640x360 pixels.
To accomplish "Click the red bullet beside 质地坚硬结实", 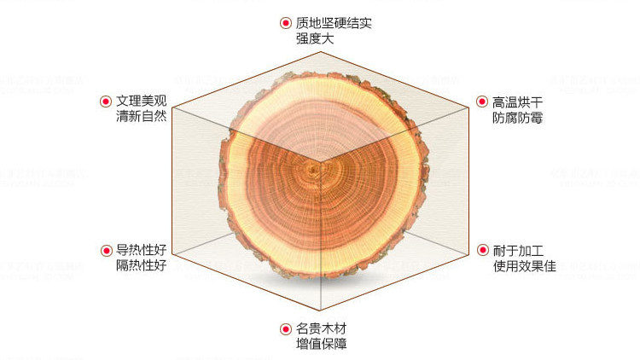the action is tap(285, 23).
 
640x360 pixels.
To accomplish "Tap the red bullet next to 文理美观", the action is tap(106, 102).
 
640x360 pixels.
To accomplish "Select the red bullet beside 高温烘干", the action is tap(482, 102).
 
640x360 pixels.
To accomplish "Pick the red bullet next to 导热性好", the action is tap(107, 250).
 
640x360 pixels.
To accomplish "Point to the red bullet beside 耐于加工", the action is tap(483, 250).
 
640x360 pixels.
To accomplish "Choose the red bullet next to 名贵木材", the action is tap(286, 329).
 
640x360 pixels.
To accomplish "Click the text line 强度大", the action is tap(315, 38).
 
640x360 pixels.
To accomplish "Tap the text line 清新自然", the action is tap(141, 116).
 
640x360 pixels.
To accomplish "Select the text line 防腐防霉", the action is tap(517, 118).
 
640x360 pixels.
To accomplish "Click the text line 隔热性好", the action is tap(141, 265).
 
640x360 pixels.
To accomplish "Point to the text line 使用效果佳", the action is tap(525, 266).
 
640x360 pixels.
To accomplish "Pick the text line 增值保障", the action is tap(322, 344).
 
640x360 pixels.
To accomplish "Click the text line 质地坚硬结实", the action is tap(334, 23).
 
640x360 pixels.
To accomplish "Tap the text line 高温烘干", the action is tap(517, 102).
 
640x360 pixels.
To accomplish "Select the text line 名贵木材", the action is tap(322, 328).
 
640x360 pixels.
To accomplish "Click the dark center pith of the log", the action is tap(313, 169).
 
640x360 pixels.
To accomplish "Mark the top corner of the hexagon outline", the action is tap(320, 52).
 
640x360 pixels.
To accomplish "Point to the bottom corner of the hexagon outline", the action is tap(320, 311).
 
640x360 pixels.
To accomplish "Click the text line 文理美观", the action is tap(141, 101).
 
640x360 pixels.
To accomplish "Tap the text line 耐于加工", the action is tap(518, 250).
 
